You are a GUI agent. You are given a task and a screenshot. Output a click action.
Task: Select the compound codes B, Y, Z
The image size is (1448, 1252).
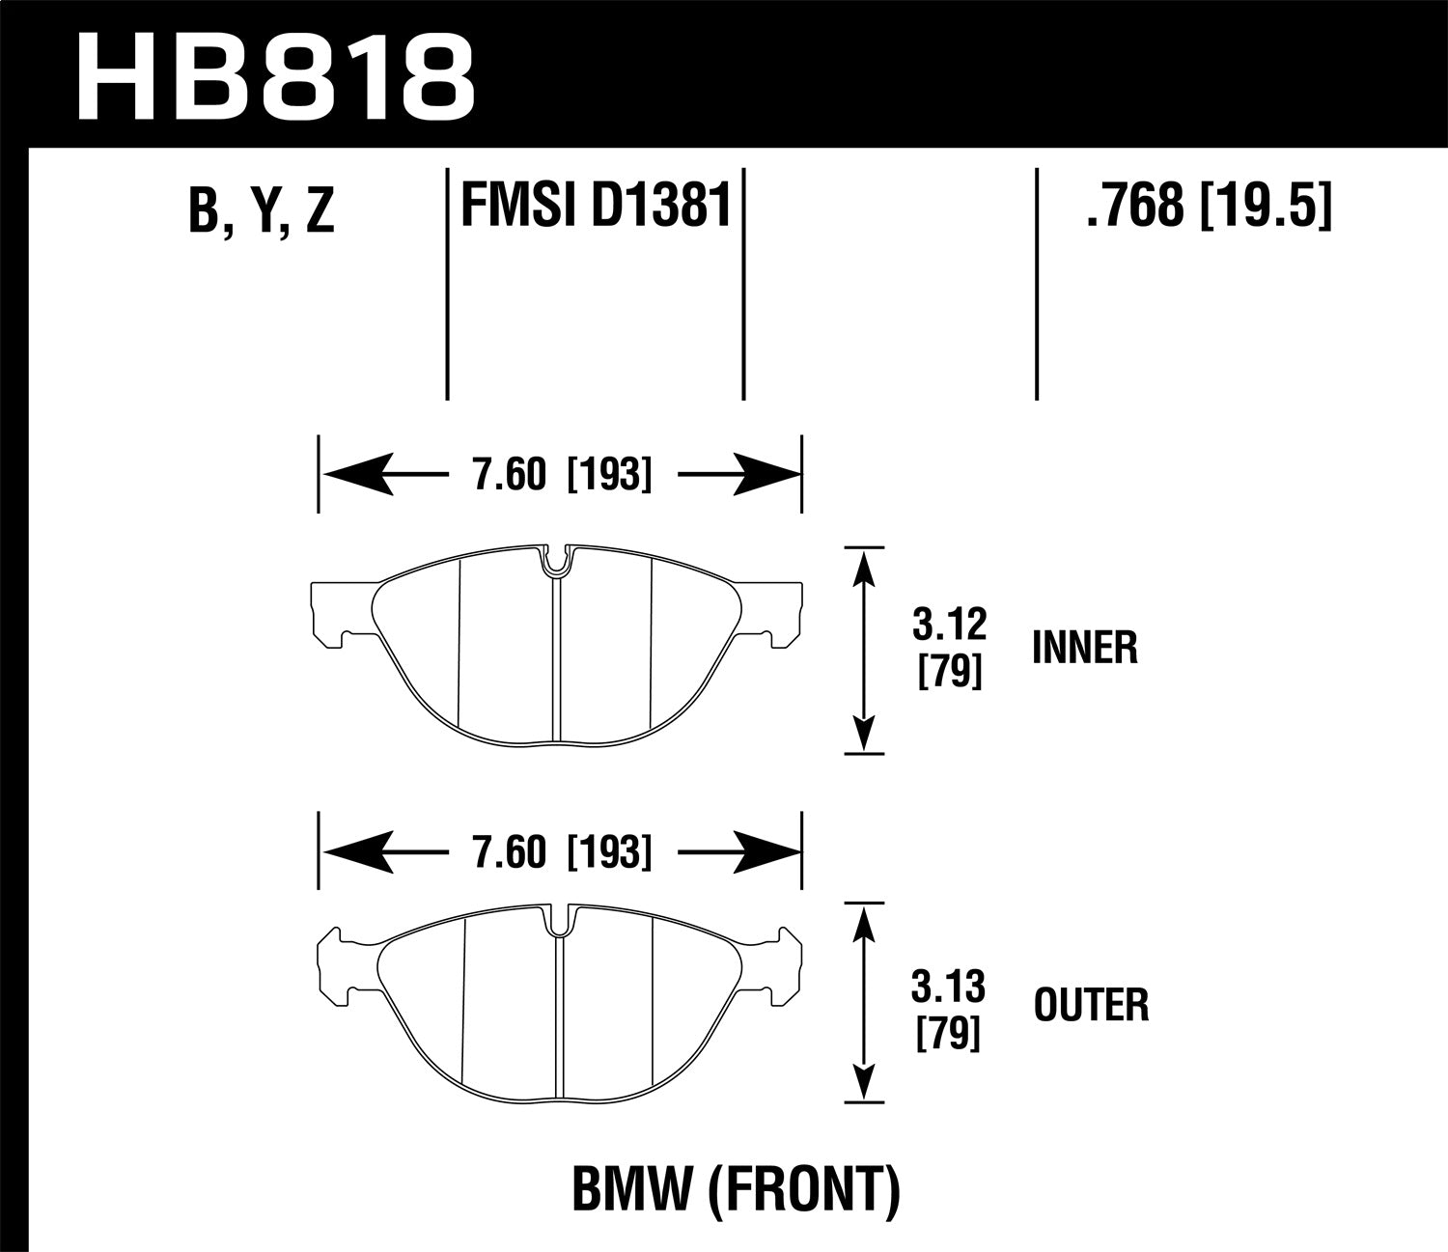tap(262, 210)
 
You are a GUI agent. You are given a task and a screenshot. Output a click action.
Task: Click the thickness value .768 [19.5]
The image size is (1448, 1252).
tap(1209, 205)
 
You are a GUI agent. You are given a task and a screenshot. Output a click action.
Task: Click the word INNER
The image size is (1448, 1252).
tap(1085, 648)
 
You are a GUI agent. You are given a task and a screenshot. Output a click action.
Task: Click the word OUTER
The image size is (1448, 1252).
tap(1091, 1006)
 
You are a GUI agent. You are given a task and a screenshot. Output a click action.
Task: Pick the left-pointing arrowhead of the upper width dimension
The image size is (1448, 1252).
tap(357, 475)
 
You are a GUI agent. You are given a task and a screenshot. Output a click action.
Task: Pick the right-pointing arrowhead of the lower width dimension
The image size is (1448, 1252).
tap(767, 852)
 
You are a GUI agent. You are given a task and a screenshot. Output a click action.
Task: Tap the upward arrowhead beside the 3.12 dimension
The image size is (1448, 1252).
tap(864, 570)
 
